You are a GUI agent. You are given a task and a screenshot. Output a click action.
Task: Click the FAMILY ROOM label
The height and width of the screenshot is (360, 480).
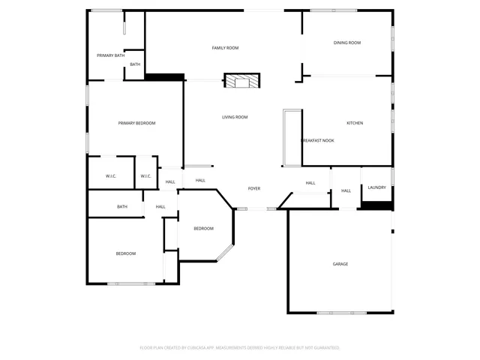pyautogui.click(x=225, y=48)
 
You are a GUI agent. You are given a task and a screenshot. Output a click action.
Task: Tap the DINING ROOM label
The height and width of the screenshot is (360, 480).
pyautogui.click(x=347, y=43)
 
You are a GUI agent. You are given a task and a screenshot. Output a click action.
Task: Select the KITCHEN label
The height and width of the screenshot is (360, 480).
pyautogui.click(x=355, y=123)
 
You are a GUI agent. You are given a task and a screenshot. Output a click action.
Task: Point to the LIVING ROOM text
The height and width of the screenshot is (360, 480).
pyautogui.click(x=235, y=117)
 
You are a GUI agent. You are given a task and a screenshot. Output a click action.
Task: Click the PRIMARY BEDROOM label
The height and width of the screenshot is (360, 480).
pyautogui.click(x=136, y=123)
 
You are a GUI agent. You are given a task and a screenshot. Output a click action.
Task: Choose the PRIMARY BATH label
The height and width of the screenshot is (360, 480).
pyautogui.click(x=110, y=55)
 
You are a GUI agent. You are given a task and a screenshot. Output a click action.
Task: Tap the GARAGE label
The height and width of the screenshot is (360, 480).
pyautogui.click(x=340, y=264)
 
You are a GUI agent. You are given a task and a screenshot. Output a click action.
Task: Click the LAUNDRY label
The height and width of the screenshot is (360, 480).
pyautogui.click(x=377, y=187)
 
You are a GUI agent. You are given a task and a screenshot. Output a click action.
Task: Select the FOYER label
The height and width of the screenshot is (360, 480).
pyautogui.click(x=254, y=188)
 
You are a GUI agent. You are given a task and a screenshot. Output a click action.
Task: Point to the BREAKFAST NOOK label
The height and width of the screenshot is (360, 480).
pyautogui.click(x=317, y=141)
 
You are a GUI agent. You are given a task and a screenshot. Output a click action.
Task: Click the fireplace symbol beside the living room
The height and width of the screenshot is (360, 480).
pyautogui.click(x=241, y=81)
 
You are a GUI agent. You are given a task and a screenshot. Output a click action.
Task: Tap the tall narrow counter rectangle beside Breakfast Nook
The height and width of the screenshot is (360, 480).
pyautogui.click(x=292, y=138)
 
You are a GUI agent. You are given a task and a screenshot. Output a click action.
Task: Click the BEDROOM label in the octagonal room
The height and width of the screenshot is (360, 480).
pyautogui.click(x=203, y=229)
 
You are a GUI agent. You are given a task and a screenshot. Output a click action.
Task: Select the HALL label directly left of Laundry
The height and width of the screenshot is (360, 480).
pyautogui.click(x=346, y=191)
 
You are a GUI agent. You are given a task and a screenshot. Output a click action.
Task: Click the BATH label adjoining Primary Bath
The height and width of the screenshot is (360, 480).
pyautogui.click(x=135, y=64)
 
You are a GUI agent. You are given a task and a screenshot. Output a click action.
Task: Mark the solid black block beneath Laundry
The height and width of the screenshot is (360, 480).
pyautogui.click(x=376, y=205)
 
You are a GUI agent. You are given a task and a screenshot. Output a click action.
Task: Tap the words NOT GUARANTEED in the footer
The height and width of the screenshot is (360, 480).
pyautogui.click(x=324, y=348)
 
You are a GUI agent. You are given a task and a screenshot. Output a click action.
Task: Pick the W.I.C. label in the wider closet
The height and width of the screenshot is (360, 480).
pyautogui.click(x=110, y=176)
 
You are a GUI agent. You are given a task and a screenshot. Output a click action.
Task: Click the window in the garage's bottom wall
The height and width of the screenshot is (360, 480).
pyautogui.click(x=341, y=313)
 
